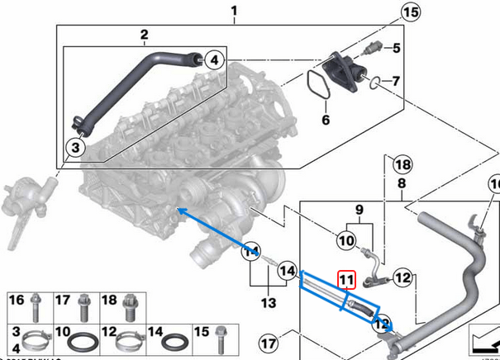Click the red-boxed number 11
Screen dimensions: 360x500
point(345,280)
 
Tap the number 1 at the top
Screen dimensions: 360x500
point(234,10)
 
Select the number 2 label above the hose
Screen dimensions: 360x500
point(144,35)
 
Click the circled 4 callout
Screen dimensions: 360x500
point(213,59)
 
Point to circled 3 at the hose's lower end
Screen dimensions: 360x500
point(74,148)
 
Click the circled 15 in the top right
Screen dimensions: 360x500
point(411,12)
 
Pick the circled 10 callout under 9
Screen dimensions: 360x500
point(345,242)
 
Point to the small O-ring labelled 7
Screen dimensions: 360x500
point(375,83)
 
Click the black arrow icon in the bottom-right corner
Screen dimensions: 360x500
point(481,340)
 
